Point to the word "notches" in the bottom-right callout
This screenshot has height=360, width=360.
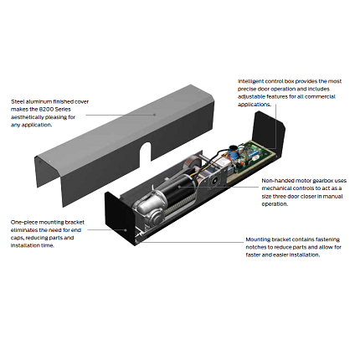pos(255,247)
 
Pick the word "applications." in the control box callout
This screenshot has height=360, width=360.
pos(255,105)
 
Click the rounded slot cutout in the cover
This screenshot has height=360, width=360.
pos(146,152)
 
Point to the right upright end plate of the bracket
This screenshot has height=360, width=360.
pos(269,131)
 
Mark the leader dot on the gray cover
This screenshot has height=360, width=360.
pos(154,115)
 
